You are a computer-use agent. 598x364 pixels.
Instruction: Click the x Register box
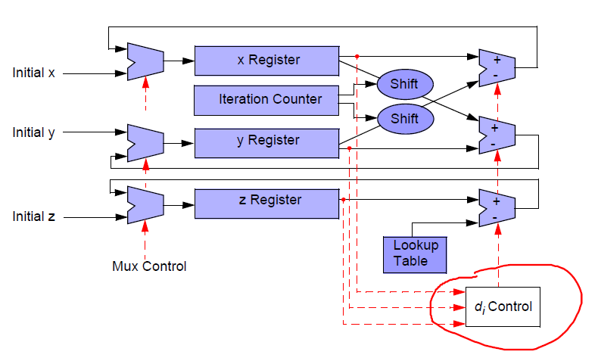tap(266, 61)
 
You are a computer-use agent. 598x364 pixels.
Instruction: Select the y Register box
tap(266, 141)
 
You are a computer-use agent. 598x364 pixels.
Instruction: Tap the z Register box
tap(266, 201)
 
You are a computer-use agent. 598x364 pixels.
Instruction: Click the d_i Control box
tap(502, 307)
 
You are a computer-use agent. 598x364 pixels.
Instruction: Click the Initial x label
tap(33, 73)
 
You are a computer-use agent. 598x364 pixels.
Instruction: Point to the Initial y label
tap(33, 133)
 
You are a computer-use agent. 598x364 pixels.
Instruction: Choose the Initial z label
tap(33, 217)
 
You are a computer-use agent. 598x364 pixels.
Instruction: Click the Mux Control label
tap(149, 266)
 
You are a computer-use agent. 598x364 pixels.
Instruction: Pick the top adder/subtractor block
tap(497, 66)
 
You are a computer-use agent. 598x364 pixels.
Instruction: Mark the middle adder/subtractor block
tap(497, 135)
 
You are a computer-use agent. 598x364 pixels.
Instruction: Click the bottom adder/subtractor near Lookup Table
tap(497, 209)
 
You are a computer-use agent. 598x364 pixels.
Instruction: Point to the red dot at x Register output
tap(357, 55)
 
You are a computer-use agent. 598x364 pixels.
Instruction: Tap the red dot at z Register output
tap(343, 200)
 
